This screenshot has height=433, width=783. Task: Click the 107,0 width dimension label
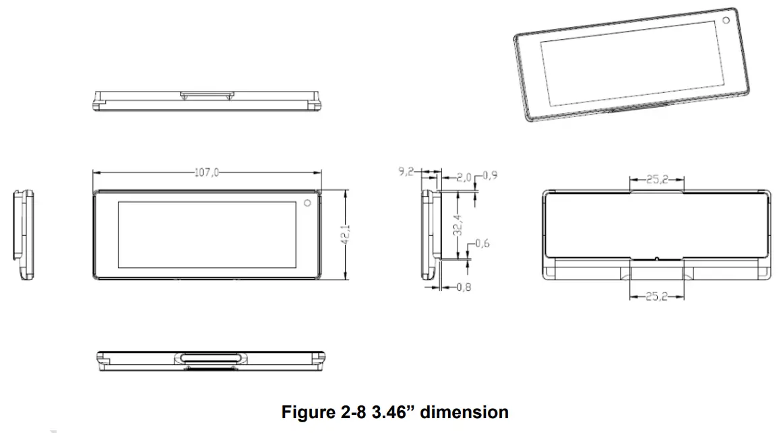207,172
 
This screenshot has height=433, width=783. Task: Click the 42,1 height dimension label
346,233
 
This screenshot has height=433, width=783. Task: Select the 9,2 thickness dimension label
406,172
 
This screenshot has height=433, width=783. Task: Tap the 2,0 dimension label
464,178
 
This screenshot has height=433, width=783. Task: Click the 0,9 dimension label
491,176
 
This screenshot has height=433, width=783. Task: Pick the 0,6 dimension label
482,243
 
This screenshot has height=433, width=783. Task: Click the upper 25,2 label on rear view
656,179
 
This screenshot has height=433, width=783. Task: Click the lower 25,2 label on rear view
656,296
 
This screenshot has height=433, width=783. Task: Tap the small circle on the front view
307,202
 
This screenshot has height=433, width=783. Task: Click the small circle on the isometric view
726,20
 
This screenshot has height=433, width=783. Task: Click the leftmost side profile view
24,233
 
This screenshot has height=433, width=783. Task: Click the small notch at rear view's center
657,258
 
